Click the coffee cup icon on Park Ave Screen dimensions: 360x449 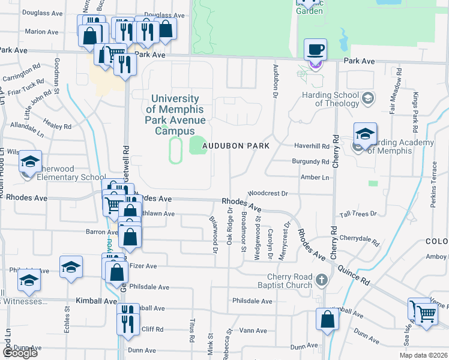click(x=315, y=49)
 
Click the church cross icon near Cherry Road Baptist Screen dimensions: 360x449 click(x=322, y=280)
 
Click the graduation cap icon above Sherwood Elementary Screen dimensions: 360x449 click(x=30, y=161)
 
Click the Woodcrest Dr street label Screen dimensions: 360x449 click(x=268, y=194)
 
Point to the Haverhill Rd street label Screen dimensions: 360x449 click(x=312, y=146)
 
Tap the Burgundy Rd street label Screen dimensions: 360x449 click(x=310, y=162)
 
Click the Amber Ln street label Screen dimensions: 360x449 click(x=316, y=178)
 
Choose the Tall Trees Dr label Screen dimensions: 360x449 click(x=358, y=214)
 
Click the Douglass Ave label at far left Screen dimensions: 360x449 click(x=42, y=12)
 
